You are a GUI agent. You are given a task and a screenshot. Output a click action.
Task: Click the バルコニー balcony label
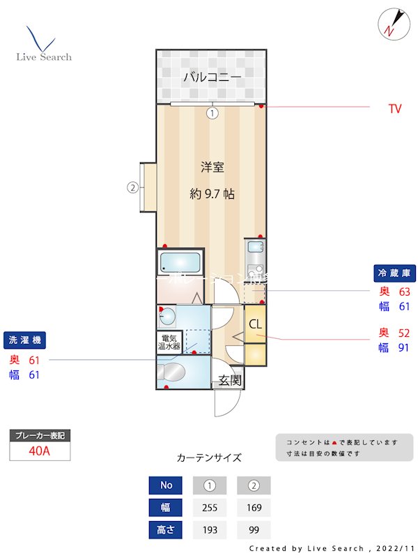pos(212,77)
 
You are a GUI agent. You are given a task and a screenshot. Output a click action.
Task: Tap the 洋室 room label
pos(212,167)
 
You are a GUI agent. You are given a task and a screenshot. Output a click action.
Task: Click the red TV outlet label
pos(395,109)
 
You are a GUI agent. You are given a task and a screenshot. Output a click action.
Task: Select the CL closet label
pos(256,324)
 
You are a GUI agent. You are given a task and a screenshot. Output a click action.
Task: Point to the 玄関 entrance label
pos(230,380)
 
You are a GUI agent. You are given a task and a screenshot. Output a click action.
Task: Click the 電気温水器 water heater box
pos(169,342)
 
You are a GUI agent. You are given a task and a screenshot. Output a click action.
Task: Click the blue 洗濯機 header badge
pos(26,340)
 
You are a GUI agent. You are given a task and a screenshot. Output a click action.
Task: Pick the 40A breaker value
pos(40,451)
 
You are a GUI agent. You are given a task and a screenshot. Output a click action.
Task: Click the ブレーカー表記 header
pos(40,435)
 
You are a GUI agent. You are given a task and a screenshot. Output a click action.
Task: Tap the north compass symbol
pos(390,23)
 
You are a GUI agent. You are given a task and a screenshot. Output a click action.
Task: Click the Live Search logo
pos(43,45)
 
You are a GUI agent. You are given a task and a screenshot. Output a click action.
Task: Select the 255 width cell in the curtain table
pos(210,508)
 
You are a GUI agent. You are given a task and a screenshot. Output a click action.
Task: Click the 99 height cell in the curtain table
pos(254,530)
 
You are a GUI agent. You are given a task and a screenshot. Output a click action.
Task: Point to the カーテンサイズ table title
pos(209,458)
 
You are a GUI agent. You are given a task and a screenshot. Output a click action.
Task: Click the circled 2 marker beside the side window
pos(132,186)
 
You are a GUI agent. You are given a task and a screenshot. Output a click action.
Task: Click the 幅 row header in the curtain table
pos(166,508)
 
